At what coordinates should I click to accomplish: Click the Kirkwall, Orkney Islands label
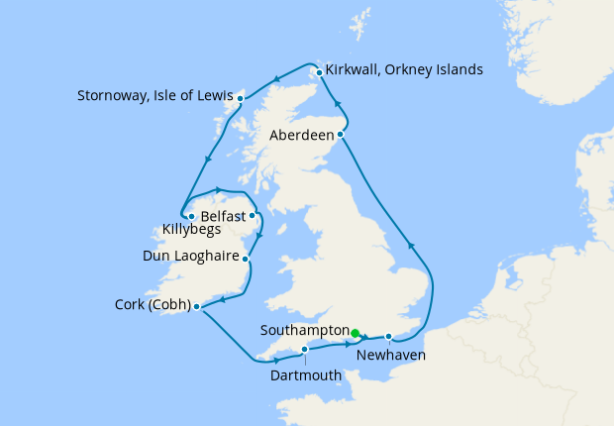[x=405, y=70]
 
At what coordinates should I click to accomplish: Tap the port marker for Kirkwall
[x=319, y=71]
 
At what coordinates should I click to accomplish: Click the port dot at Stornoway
[x=240, y=98]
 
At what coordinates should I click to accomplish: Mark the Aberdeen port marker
[x=341, y=134]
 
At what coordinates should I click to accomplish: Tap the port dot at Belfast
[x=252, y=215]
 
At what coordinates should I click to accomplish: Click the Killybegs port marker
[x=191, y=215]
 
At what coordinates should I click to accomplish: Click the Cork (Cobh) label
[x=149, y=305]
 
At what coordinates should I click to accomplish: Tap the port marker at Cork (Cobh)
[x=197, y=306]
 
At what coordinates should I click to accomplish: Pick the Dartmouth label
[x=305, y=375]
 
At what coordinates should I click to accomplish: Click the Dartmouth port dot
[x=305, y=349]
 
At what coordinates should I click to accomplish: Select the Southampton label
[x=304, y=330]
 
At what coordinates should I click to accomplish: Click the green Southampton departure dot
[x=356, y=332]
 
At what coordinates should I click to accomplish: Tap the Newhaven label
[x=391, y=355]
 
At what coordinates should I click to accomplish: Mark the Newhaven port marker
[x=389, y=335]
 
